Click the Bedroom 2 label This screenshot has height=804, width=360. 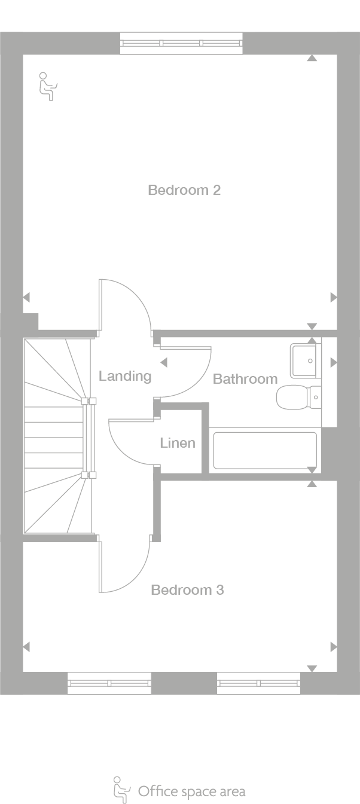[184, 190]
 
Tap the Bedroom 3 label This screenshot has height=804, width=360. [187, 590]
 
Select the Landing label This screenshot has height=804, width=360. [125, 376]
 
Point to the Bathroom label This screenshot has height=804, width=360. [245, 379]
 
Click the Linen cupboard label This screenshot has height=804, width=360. [178, 443]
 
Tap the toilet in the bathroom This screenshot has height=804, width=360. [298, 398]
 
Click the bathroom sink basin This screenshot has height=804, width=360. [304, 360]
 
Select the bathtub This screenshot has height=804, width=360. [265, 450]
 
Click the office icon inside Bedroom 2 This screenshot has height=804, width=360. [48, 87]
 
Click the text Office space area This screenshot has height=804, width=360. [192, 791]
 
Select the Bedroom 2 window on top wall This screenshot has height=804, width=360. [181, 43]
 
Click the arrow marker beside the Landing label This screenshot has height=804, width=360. [164, 362]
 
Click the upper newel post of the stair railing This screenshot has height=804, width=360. [89, 401]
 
